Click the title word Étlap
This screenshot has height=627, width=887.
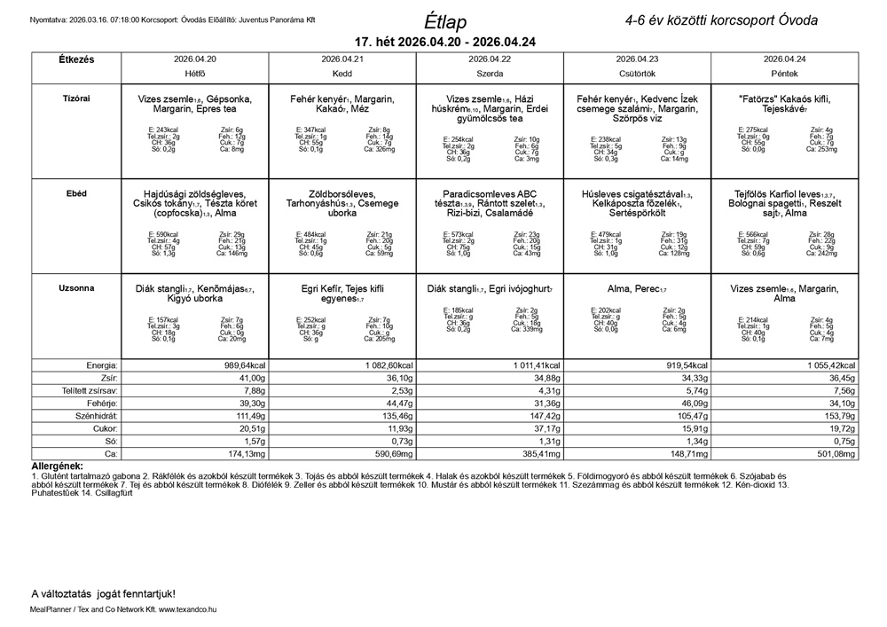click(x=445, y=21)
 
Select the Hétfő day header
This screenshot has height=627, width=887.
click(x=194, y=74)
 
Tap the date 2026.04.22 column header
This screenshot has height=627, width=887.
click(x=490, y=59)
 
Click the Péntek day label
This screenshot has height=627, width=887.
click(x=784, y=74)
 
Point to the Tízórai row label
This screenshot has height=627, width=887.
click(x=76, y=99)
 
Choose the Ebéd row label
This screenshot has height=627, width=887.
click(x=76, y=193)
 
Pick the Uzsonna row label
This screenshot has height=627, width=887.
click(x=76, y=288)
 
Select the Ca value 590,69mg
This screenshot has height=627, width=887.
click(x=388, y=453)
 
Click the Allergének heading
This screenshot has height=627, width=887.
click(x=57, y=466)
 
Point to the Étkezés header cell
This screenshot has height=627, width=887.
click(x=76, y=59)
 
